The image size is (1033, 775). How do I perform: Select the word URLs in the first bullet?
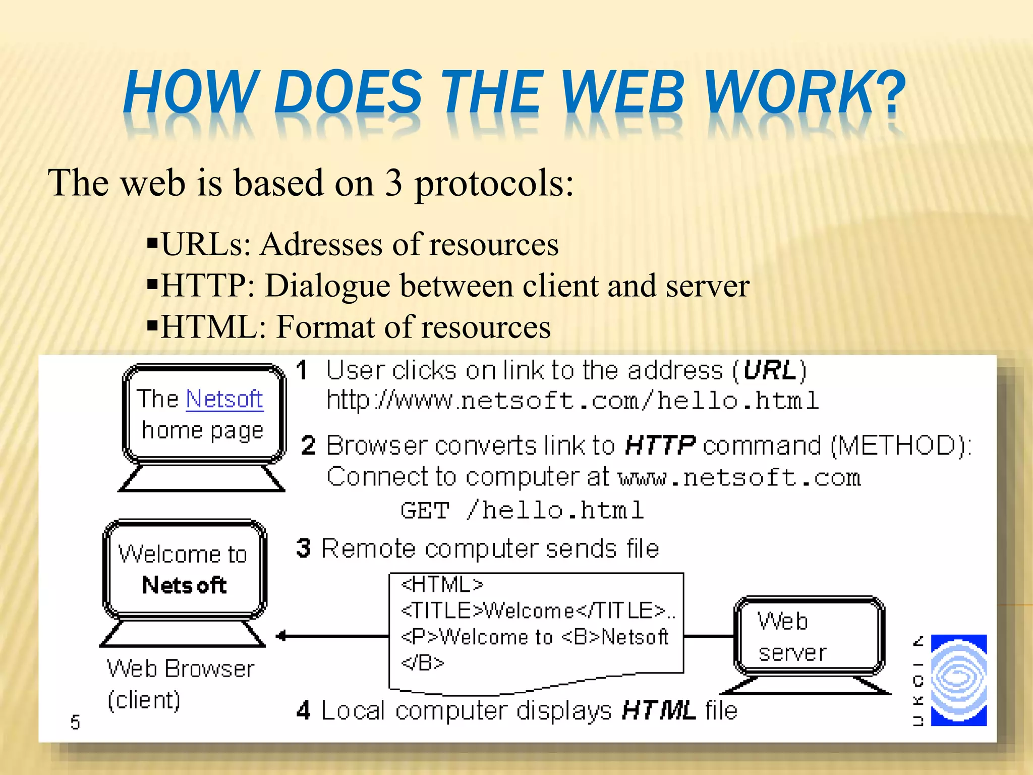pyautogui.click(x=206, y=245)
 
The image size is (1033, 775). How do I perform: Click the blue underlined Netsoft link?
pyautogui.click(x=224, y=399)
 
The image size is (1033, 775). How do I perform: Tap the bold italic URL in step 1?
pyautogui.click(x=769, y=370)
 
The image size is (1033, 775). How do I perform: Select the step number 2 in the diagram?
pyautogui.click(x=308, y=446)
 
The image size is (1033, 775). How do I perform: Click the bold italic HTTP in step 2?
pyautogui.click(x=660, y=446)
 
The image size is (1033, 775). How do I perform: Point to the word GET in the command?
pyautogui.click(x=424, y=510)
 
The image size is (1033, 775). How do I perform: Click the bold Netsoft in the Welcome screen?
pyautogui.click(x=184, y=585)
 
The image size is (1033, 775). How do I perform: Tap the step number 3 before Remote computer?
pyautogui.click(x=304, y=548)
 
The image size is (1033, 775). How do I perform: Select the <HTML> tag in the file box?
pyautogui.click(x=442, y=584)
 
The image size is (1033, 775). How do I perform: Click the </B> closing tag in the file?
pyautogui.click(x=422, y=662)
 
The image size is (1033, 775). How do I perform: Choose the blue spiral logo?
pyautogui.click(x=958, y=680)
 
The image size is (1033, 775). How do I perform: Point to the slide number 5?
pyautogui.click(x=75, y=722)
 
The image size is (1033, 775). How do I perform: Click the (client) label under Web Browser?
pyautogui.click(x=144, y=700)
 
